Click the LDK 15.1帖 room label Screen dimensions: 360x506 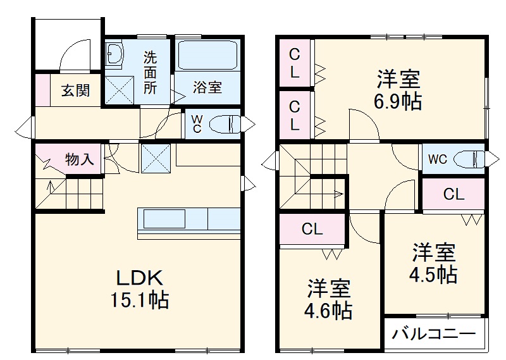click(140, 288)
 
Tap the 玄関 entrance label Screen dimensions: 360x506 click(75, 90)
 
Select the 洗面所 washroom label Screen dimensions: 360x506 click(151, 71)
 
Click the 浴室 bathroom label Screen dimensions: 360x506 click(207, 87)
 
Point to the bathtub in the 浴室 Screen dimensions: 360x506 click(207, 56)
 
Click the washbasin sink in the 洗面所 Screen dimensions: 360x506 click(116, 55)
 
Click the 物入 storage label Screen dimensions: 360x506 click(80, 159)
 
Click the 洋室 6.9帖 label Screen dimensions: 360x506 click(398, 90)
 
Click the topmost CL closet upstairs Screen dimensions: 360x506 click(295, 63)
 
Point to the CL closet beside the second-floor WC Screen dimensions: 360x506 click(454, 195)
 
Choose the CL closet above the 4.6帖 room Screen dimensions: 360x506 click(312, 230)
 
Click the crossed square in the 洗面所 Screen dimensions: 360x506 click(118, 89)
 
